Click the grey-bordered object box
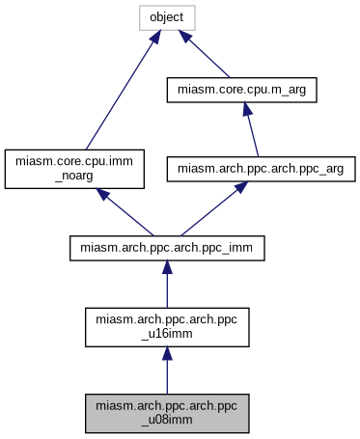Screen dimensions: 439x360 [x=167, y=17]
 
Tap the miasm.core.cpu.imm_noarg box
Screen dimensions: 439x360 [x=75, y=168]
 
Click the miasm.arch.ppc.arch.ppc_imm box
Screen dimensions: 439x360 [x=167, y=247]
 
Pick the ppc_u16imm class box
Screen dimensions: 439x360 [x=167, y=327]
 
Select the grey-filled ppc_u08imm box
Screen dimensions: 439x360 [x=167, y=413]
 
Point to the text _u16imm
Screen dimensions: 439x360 [x=167, y=335]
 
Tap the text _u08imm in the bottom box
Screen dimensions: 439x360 [x=167, y=421]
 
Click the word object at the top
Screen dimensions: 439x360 [x=167, y=17]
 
